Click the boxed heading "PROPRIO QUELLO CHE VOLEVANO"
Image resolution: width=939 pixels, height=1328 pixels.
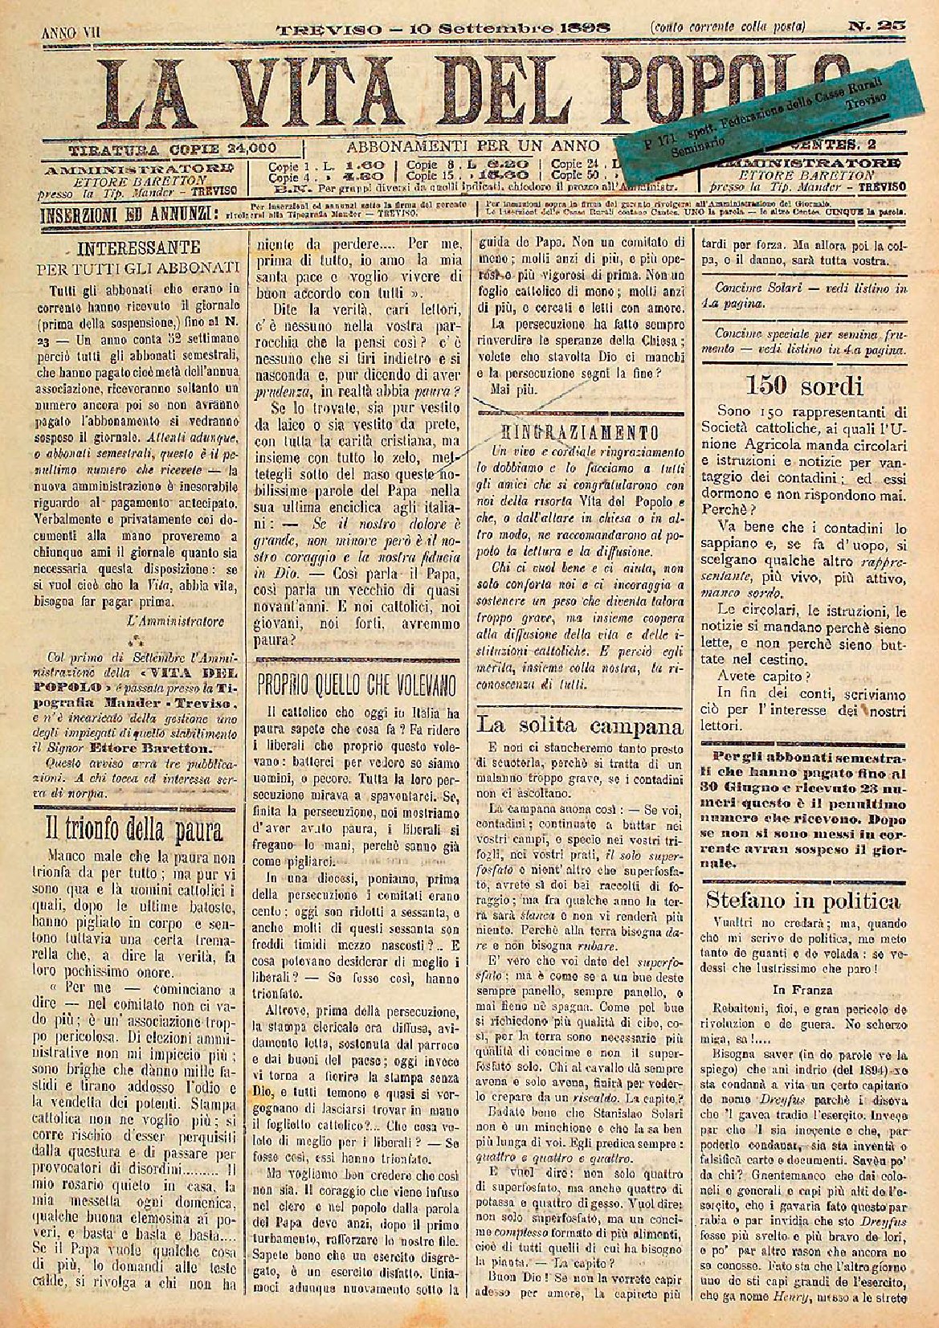[357, 685]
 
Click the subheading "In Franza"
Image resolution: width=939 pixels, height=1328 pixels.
[803, 989]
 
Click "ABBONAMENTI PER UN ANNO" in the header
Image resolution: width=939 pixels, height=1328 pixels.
[473, 147]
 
